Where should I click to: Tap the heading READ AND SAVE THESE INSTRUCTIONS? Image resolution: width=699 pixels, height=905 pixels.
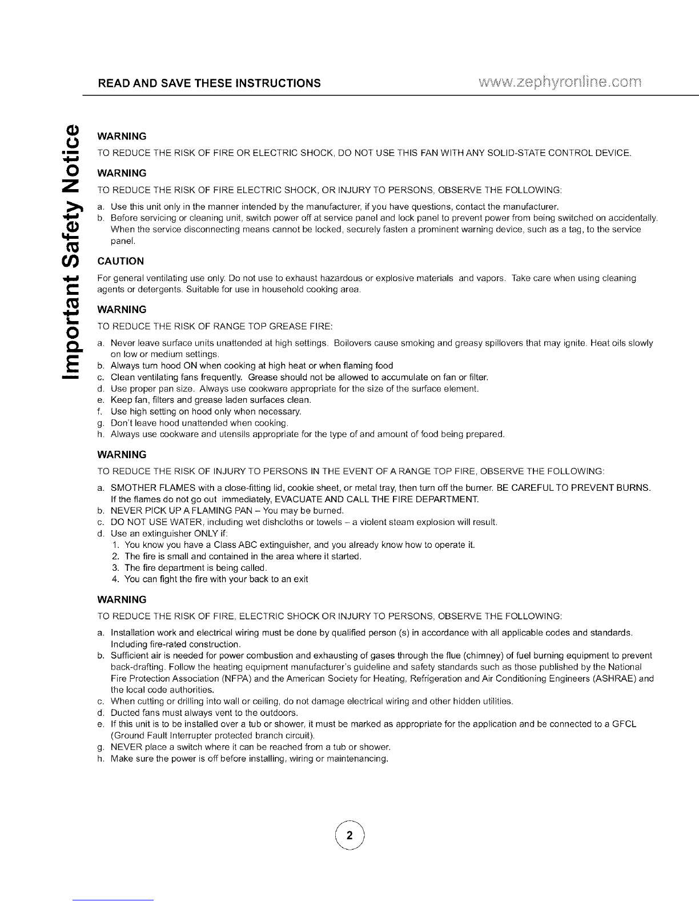click(209, 83)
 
